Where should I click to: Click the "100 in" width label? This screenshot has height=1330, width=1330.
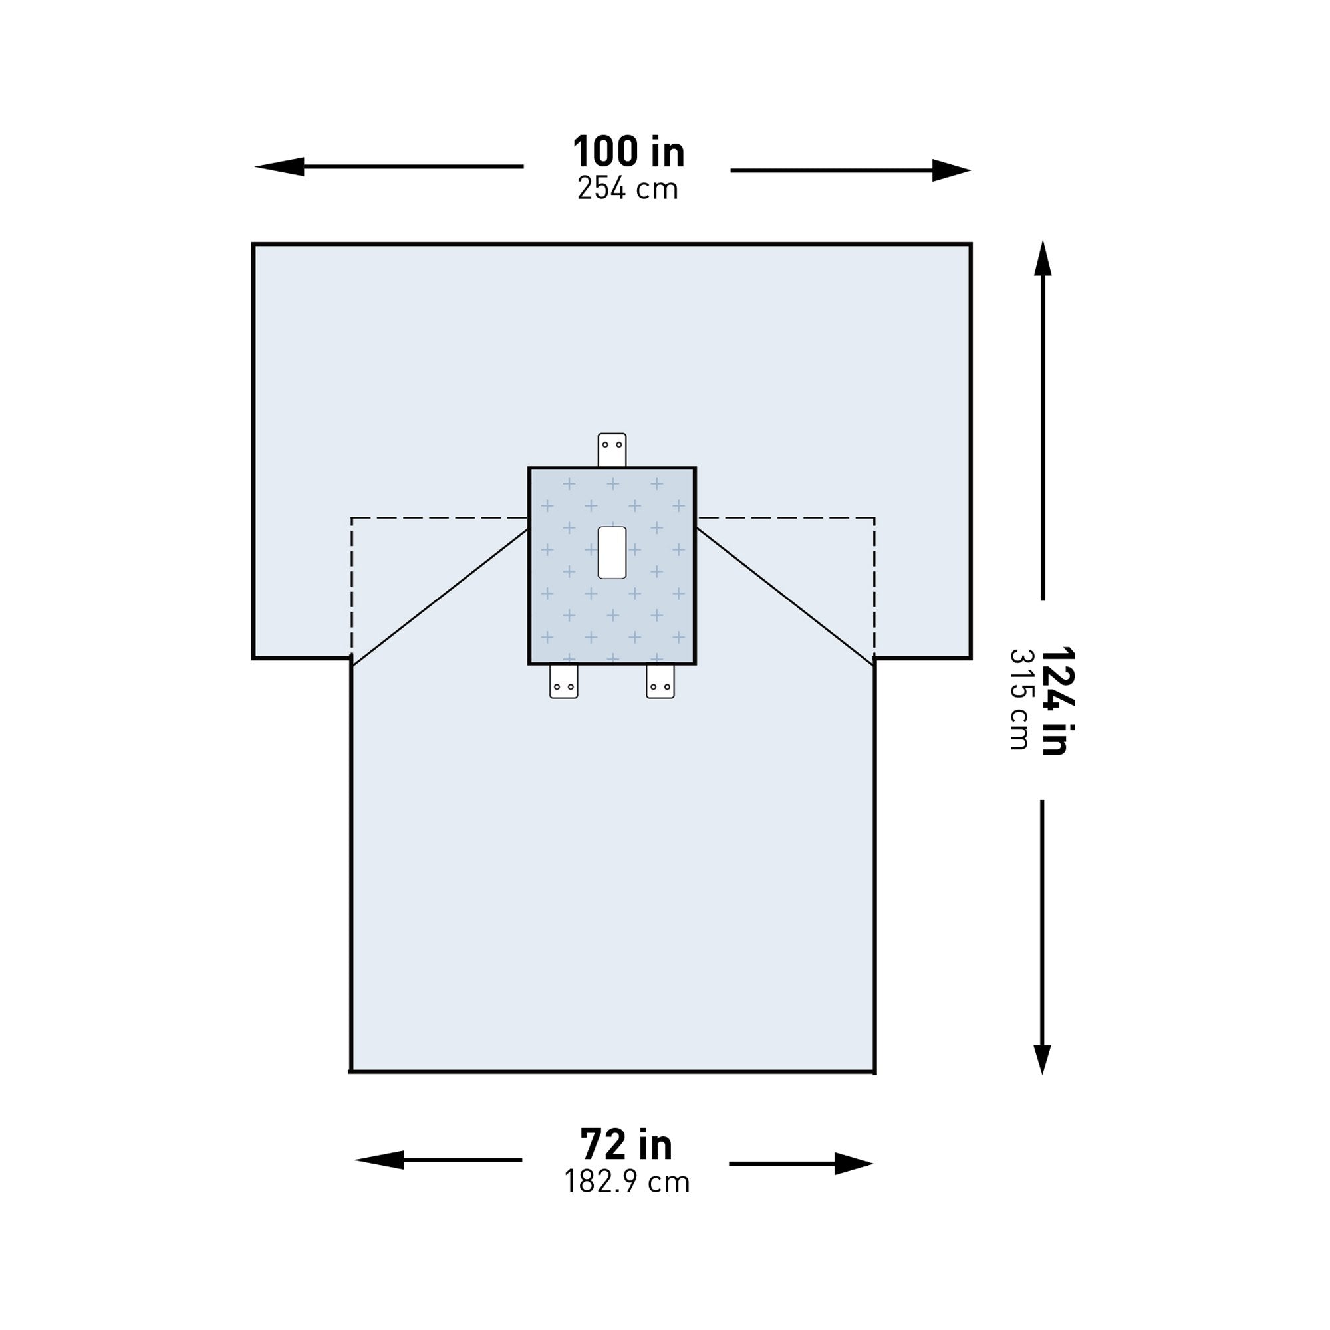(x=628, y=152)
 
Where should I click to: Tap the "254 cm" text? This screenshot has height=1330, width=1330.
(x=628, y=189)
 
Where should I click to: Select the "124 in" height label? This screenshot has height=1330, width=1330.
(x=1056, y=701)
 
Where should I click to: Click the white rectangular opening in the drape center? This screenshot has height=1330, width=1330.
(x=612, y=553)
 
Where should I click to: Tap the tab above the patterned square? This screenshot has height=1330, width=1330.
(x=612, y=450)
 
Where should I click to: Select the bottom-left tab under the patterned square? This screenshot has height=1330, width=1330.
(x=564, y=682)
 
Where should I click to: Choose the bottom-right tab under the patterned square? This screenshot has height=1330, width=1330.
(x=660, y=682)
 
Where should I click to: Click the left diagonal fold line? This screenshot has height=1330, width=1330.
(x=441, y=597)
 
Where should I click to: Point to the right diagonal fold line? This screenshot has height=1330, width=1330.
(x=785, y=597)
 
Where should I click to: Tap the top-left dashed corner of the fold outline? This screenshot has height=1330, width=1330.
(x=352, y=517)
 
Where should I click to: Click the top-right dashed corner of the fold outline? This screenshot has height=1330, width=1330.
(x=874, y=517)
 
